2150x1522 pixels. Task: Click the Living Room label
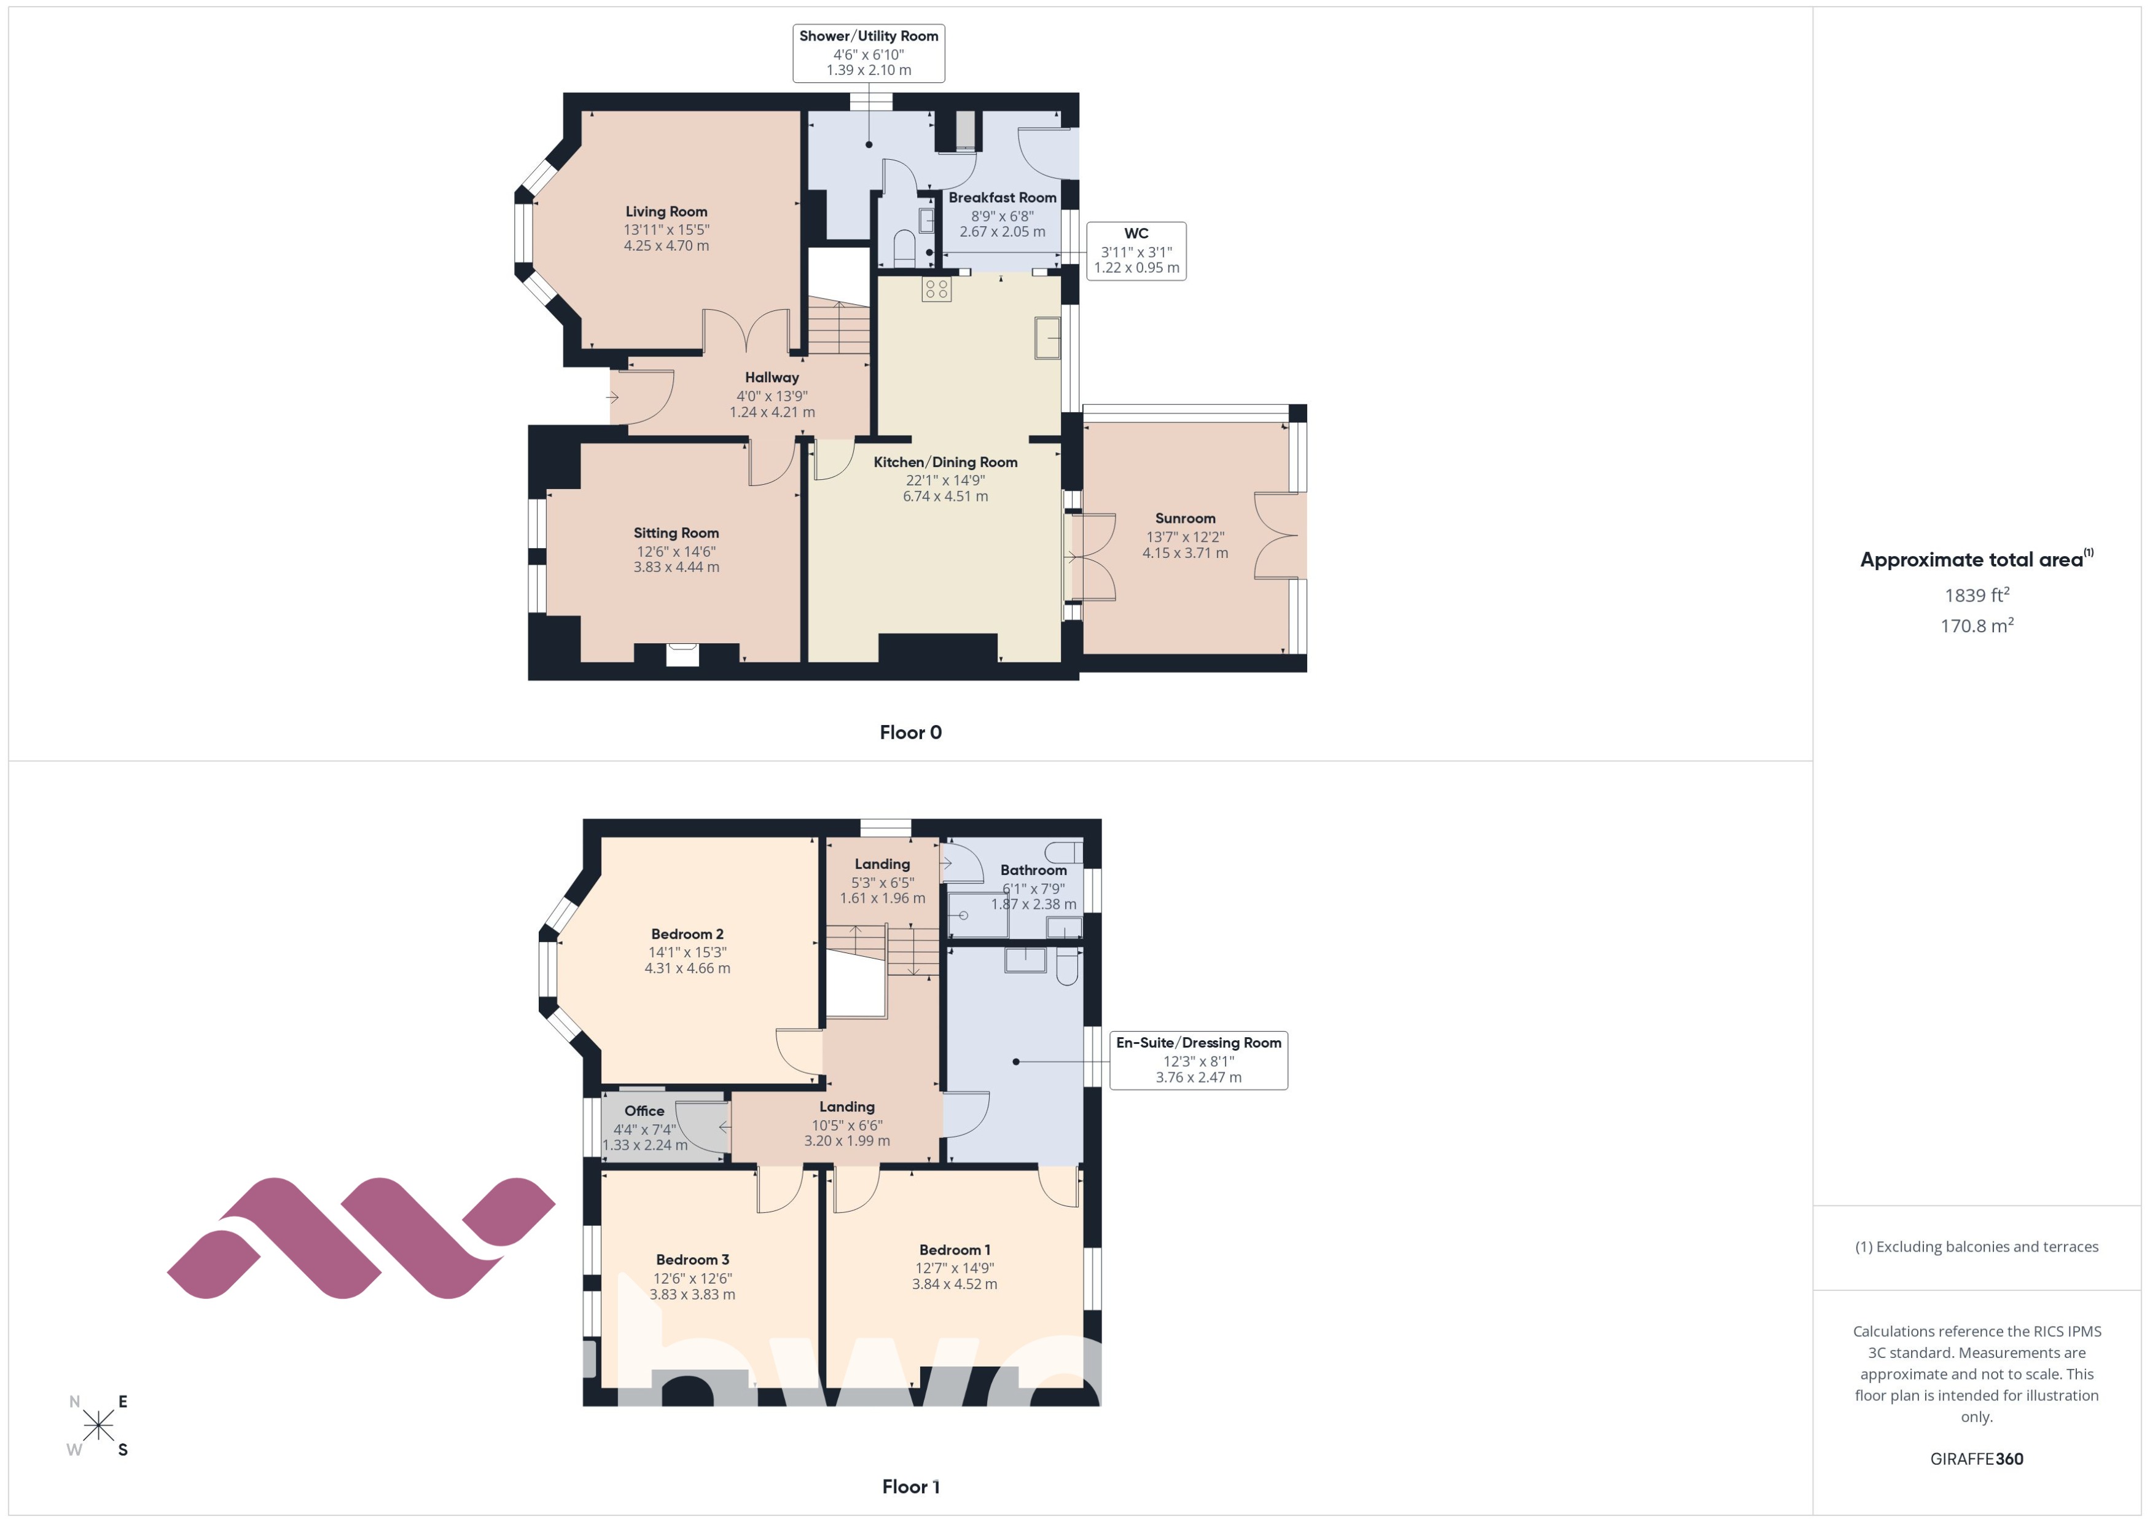pos(666,212)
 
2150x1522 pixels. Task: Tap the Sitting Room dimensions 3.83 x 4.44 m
pos(676,567)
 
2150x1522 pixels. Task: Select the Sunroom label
pos(1185,518)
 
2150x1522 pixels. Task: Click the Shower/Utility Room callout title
pos(869,36)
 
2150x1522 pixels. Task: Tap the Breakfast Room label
pos(1003,198)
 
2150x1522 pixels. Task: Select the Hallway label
pos(772,378)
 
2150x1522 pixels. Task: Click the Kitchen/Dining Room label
pos(945,462)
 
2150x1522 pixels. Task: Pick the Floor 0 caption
pos(910,733)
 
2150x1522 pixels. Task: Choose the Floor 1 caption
pos(910,1486)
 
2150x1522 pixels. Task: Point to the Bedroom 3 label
pos(692,1260)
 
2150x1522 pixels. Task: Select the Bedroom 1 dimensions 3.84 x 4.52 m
pos(955,1285)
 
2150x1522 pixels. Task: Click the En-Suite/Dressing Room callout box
pos(1198,1060)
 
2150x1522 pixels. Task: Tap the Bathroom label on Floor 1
pos(1033,871)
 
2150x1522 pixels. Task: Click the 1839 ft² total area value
pos(1977,595)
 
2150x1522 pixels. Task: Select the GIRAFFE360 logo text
pos(1977,1459)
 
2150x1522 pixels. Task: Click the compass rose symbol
pos(98,1426)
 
